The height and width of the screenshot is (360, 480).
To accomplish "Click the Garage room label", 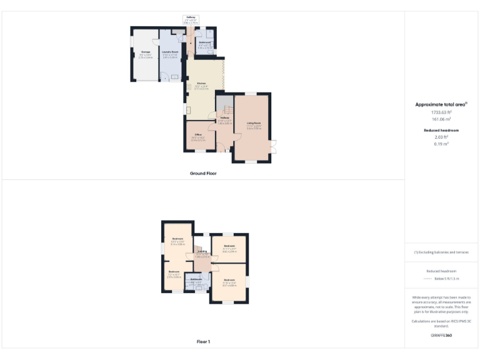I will [x=145, y=52].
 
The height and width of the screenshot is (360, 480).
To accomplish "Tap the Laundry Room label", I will [x=170, y=52].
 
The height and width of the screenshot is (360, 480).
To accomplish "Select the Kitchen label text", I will [x=201, y=83].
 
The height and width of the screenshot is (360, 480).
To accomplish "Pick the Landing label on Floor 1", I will [x=202, y=251].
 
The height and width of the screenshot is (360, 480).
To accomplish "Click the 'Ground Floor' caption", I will [x=202, y=173].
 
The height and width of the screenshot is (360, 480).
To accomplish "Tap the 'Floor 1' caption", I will [x=202, y=342].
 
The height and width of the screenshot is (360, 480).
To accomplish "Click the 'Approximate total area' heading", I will [x=441, y=104].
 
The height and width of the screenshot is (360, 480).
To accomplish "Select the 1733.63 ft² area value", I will [x=441, y=112].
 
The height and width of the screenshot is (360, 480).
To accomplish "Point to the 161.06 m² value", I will [x=441, y=118].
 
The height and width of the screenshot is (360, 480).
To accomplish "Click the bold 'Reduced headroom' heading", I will [x=441, y=130].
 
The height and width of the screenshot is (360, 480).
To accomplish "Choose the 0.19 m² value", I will [x=441, y=144].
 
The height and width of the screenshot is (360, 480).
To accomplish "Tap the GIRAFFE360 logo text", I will [x=441, y=336].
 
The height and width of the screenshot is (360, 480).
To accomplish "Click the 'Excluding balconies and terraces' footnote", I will [x=441, y=252].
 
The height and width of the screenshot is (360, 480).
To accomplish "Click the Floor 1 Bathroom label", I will [x=196, y=279].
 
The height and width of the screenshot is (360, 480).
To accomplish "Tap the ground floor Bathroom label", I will [x=205, y=42].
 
